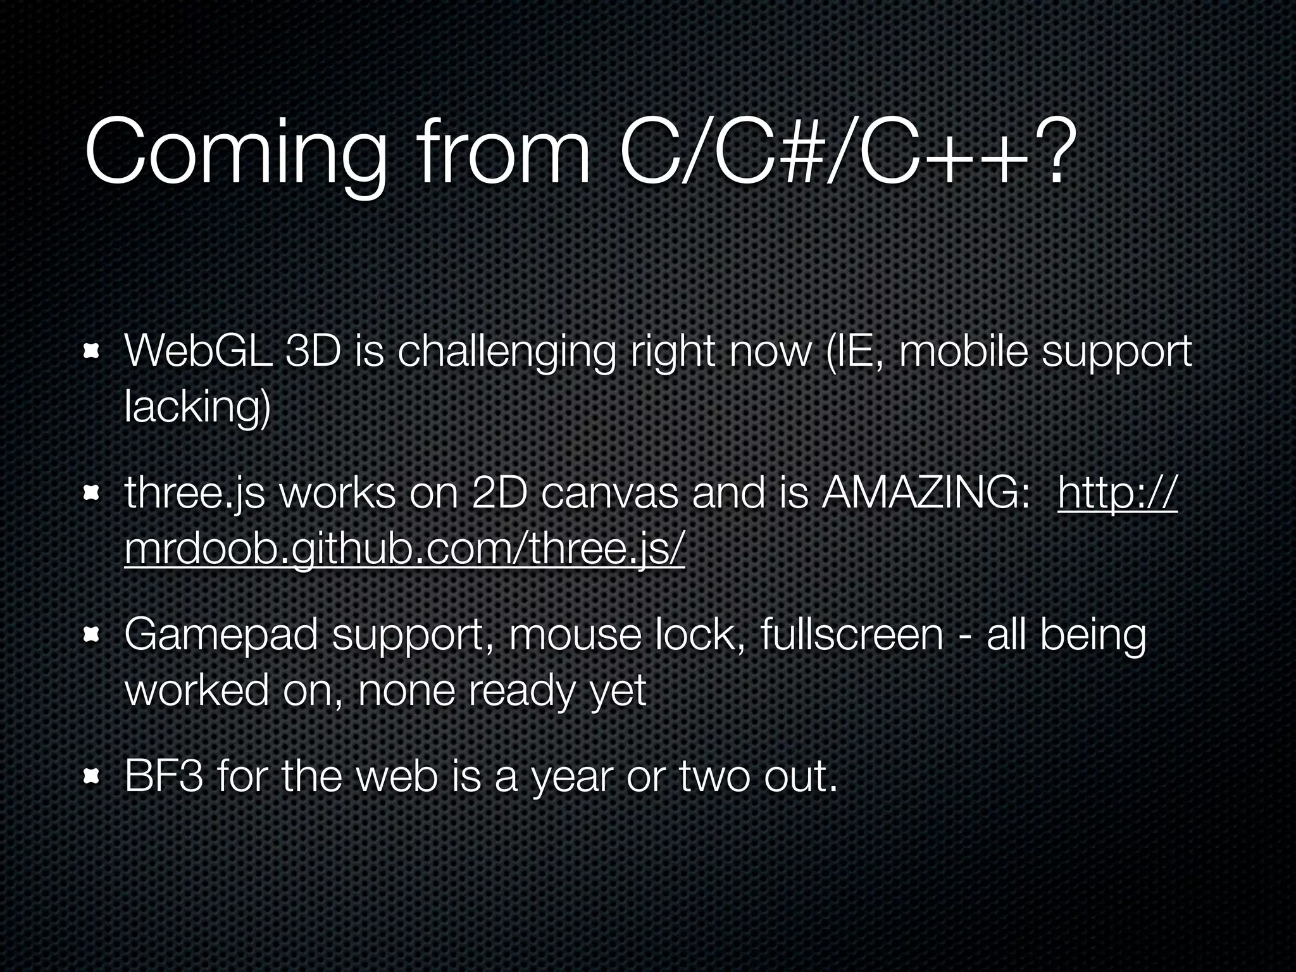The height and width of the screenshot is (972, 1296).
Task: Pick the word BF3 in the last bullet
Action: coord(164,776)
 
